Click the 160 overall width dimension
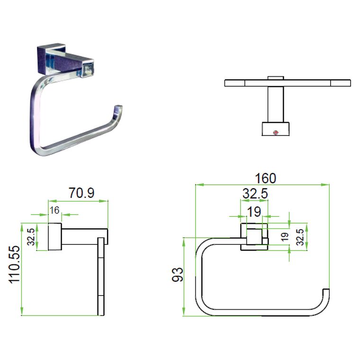pyautogui.click(x=265, y=179)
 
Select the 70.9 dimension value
pyautogui.click(x=81, y=194)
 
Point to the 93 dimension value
pyautogui.click(x=178, y=274)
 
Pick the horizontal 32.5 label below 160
pyautogui.click(x=255, y=194)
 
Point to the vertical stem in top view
pyautogui.click(x=274, y=105)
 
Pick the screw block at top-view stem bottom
pyautogui.click(x=275, y=128)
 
